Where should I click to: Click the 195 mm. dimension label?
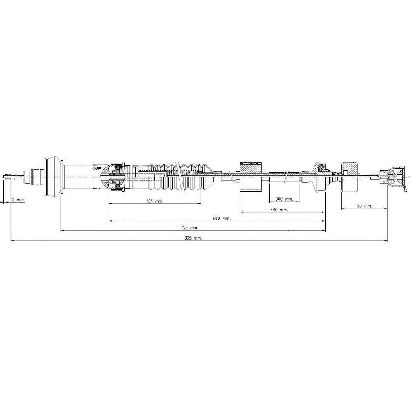155,201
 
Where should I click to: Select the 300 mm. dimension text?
284,199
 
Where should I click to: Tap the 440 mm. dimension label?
279,210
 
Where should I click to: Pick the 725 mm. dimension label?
189,228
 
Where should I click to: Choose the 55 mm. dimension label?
364,206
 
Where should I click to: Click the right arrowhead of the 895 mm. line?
386,240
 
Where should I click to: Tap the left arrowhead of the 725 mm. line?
62,231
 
